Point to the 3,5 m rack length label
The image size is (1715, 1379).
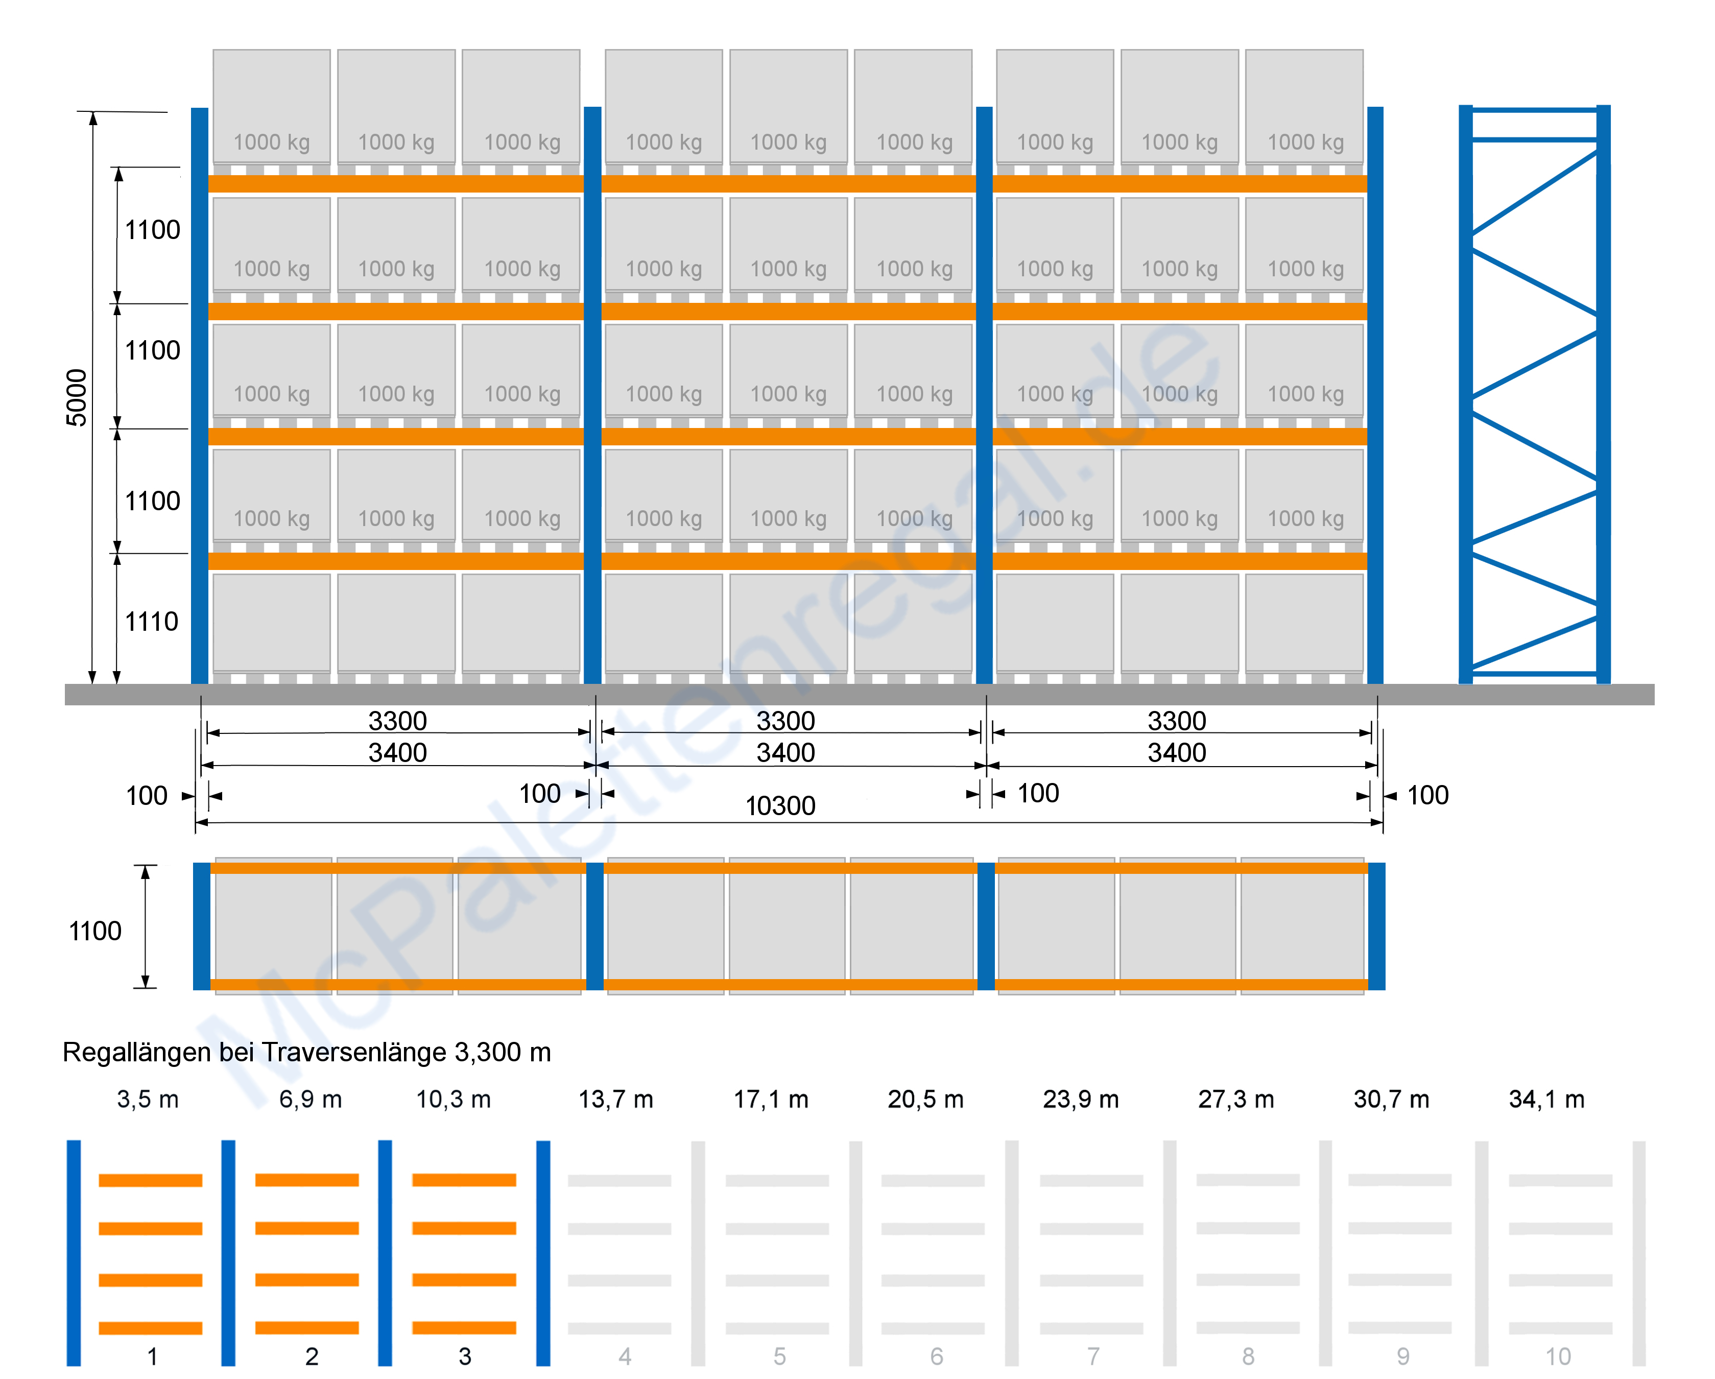tap(148, 1099)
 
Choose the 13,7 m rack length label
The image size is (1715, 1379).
tap(616, 1099)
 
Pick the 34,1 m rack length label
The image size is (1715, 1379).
tap(1546, 1099)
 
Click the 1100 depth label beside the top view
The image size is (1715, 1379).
tap(94, 931)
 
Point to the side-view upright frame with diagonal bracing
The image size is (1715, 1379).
tap(1534, 394)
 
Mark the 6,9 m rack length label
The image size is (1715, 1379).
tap(310, 1099)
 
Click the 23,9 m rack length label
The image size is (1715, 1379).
tap(1080, 1099)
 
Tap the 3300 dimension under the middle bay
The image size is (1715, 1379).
tap(785, 721)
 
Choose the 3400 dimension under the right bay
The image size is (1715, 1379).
tap(1177, 752)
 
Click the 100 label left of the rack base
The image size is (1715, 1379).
tap(147, 795)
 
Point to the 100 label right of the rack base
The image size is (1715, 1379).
tap(1427, 795)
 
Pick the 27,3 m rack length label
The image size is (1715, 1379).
tap(1235, 1099)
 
